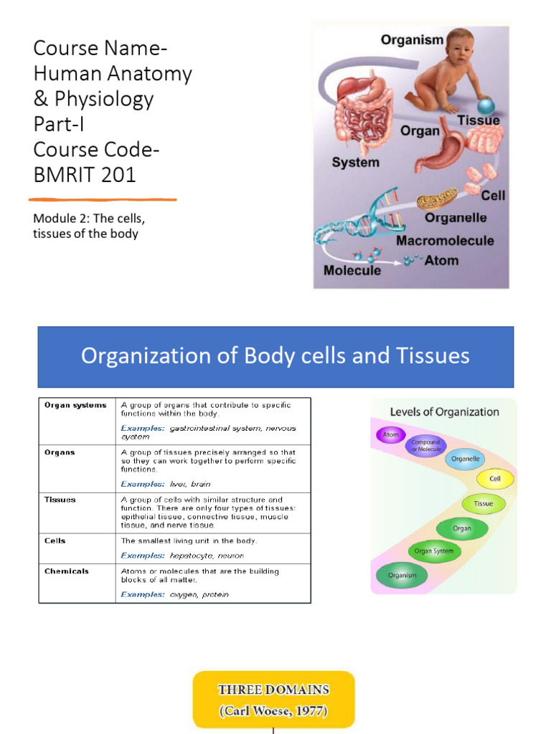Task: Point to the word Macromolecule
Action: coord(445,241)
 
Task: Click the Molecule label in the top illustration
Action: coord(352,271)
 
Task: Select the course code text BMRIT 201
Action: coord(85,174)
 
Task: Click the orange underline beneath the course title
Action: coord(103,199)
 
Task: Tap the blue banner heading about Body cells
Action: coord(275,356)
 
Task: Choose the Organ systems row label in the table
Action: coord(75,405)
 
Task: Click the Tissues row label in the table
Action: coord(60,500)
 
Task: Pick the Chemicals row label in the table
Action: coord(67,571)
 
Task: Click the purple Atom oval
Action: coord(391,435)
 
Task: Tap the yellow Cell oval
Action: coord(495,479)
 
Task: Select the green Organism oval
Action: coord(402,575)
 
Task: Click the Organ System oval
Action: coord(434,551)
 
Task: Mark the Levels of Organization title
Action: coord(444,412)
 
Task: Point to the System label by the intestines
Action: coord(355,163)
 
